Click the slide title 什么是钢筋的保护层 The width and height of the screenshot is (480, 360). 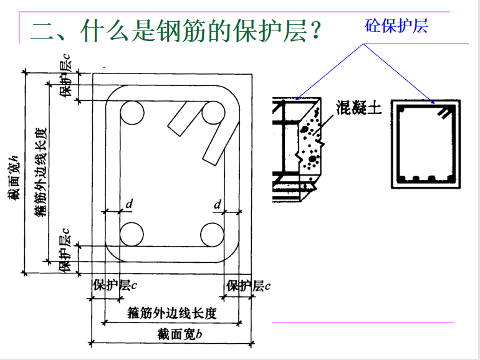193,31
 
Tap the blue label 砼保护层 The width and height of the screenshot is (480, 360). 396,26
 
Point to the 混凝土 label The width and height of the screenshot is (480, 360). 359,108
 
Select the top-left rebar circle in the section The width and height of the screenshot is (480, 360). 132,113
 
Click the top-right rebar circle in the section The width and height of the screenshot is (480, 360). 213,113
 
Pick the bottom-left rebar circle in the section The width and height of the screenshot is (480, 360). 132,235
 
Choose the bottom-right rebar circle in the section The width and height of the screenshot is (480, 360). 212,235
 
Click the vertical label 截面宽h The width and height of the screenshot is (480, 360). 14,178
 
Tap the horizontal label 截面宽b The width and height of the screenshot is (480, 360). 180,334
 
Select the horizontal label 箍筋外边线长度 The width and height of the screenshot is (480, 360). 172,313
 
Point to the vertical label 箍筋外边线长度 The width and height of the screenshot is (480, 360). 41,172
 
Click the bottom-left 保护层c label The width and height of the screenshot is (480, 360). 115,285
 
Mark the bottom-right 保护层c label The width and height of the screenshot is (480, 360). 248,286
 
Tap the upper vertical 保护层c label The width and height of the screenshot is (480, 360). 65,76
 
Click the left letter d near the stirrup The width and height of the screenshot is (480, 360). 129,204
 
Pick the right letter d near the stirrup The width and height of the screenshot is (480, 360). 218,204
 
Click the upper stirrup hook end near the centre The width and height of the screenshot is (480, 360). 174,130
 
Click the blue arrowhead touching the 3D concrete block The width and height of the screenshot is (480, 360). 297,98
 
